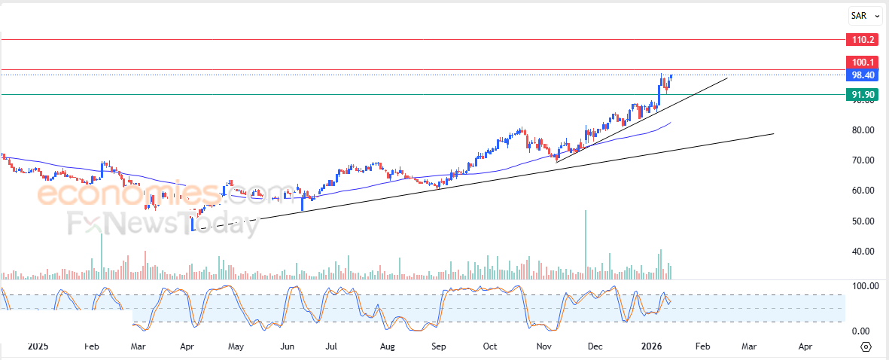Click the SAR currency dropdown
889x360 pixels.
(x=865, y=15)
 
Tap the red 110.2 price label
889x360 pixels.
(x=862, y=39)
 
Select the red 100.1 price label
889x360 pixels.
(x=862, y=62)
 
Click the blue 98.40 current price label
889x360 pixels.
(x=862, y=75)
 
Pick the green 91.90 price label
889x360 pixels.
(x=862, y=95)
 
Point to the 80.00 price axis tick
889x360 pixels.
(x=862, y=130)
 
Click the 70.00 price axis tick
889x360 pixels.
(x=862, y=160)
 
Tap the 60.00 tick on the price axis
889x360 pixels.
(x=862, y=191)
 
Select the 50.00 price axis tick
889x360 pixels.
(x=862, y=221)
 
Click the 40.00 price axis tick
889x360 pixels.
(x=862, y=252)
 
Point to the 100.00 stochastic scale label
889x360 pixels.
(x=863, y=286)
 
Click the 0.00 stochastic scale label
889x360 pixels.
(x=862, y=331)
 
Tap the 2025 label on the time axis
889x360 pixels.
(x=38, y=346)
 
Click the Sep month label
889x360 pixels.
(x=439, y=346)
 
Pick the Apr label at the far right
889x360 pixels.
(x=805, y=346)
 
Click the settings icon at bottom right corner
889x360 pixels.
(x=866, y=346)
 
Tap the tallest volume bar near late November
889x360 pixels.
(x=585, y=241)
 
